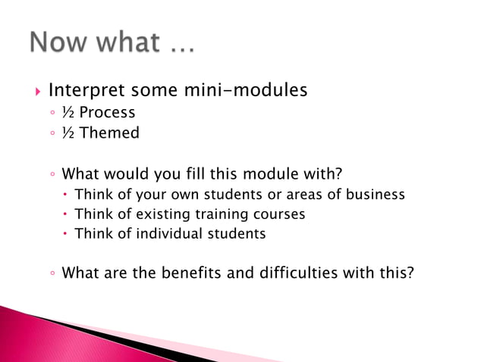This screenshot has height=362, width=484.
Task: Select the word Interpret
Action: tap(85, 91)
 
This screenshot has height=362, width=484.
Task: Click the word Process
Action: tap(107, 113)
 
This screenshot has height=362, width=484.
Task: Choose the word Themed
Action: tap(109, 133)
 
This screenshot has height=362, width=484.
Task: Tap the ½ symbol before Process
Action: tap(68, 113)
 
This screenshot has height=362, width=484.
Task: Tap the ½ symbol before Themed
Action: tap(68, 133)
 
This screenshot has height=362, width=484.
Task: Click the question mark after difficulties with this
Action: tap(410, 273)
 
